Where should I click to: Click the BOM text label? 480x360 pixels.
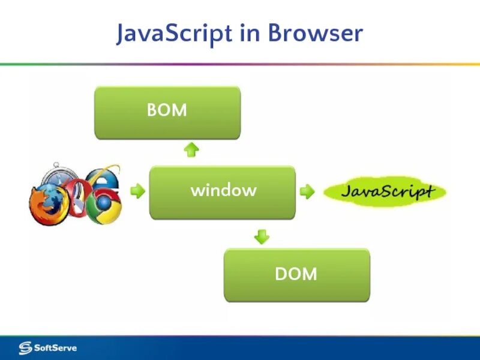(167, 110)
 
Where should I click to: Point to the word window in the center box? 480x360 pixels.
(223, 191)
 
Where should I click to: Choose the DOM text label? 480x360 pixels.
(296, 274)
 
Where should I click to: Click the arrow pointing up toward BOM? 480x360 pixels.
(191, 149)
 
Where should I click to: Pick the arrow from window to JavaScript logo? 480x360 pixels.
(307, 192)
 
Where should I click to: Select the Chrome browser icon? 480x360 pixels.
(103, 205)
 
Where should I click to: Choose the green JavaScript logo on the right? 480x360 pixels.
(385, 192)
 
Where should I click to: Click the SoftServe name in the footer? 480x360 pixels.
(55, 348)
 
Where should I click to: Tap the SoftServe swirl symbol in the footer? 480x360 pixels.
(25, 348)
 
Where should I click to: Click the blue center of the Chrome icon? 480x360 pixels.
(103, 205)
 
